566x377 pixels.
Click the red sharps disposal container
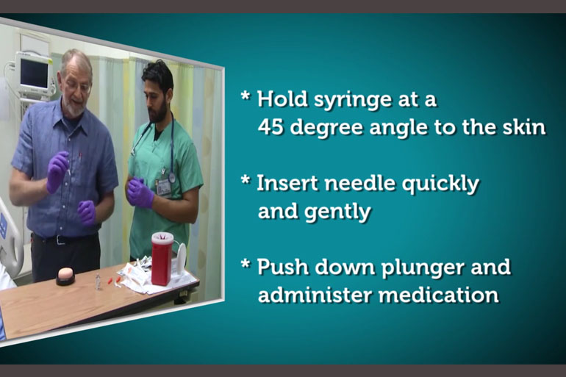pyautogui.click(x=162, y=258)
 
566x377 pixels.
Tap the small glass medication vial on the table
pyautogui.click(x=98, y=281)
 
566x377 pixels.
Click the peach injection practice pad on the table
pyautogui.click(x=65, y=276)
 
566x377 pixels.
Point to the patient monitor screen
pyautogui.click(x=34, y=73)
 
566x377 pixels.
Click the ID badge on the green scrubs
pyautogui.click(x=163, y=187)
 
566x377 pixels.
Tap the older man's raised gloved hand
pyautogui.click(x=57, y=171)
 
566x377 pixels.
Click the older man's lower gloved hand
pyautogui.click(x=87, y=212)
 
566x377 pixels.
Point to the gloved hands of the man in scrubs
pyautogui.click(x=140, y=193)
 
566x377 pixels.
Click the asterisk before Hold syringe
pyautogui.click(x=246, y=96)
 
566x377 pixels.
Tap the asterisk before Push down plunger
pyautogui.click(x=246, y=264)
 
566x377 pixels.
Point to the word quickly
pyautogui.click(x=440, y=184)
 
